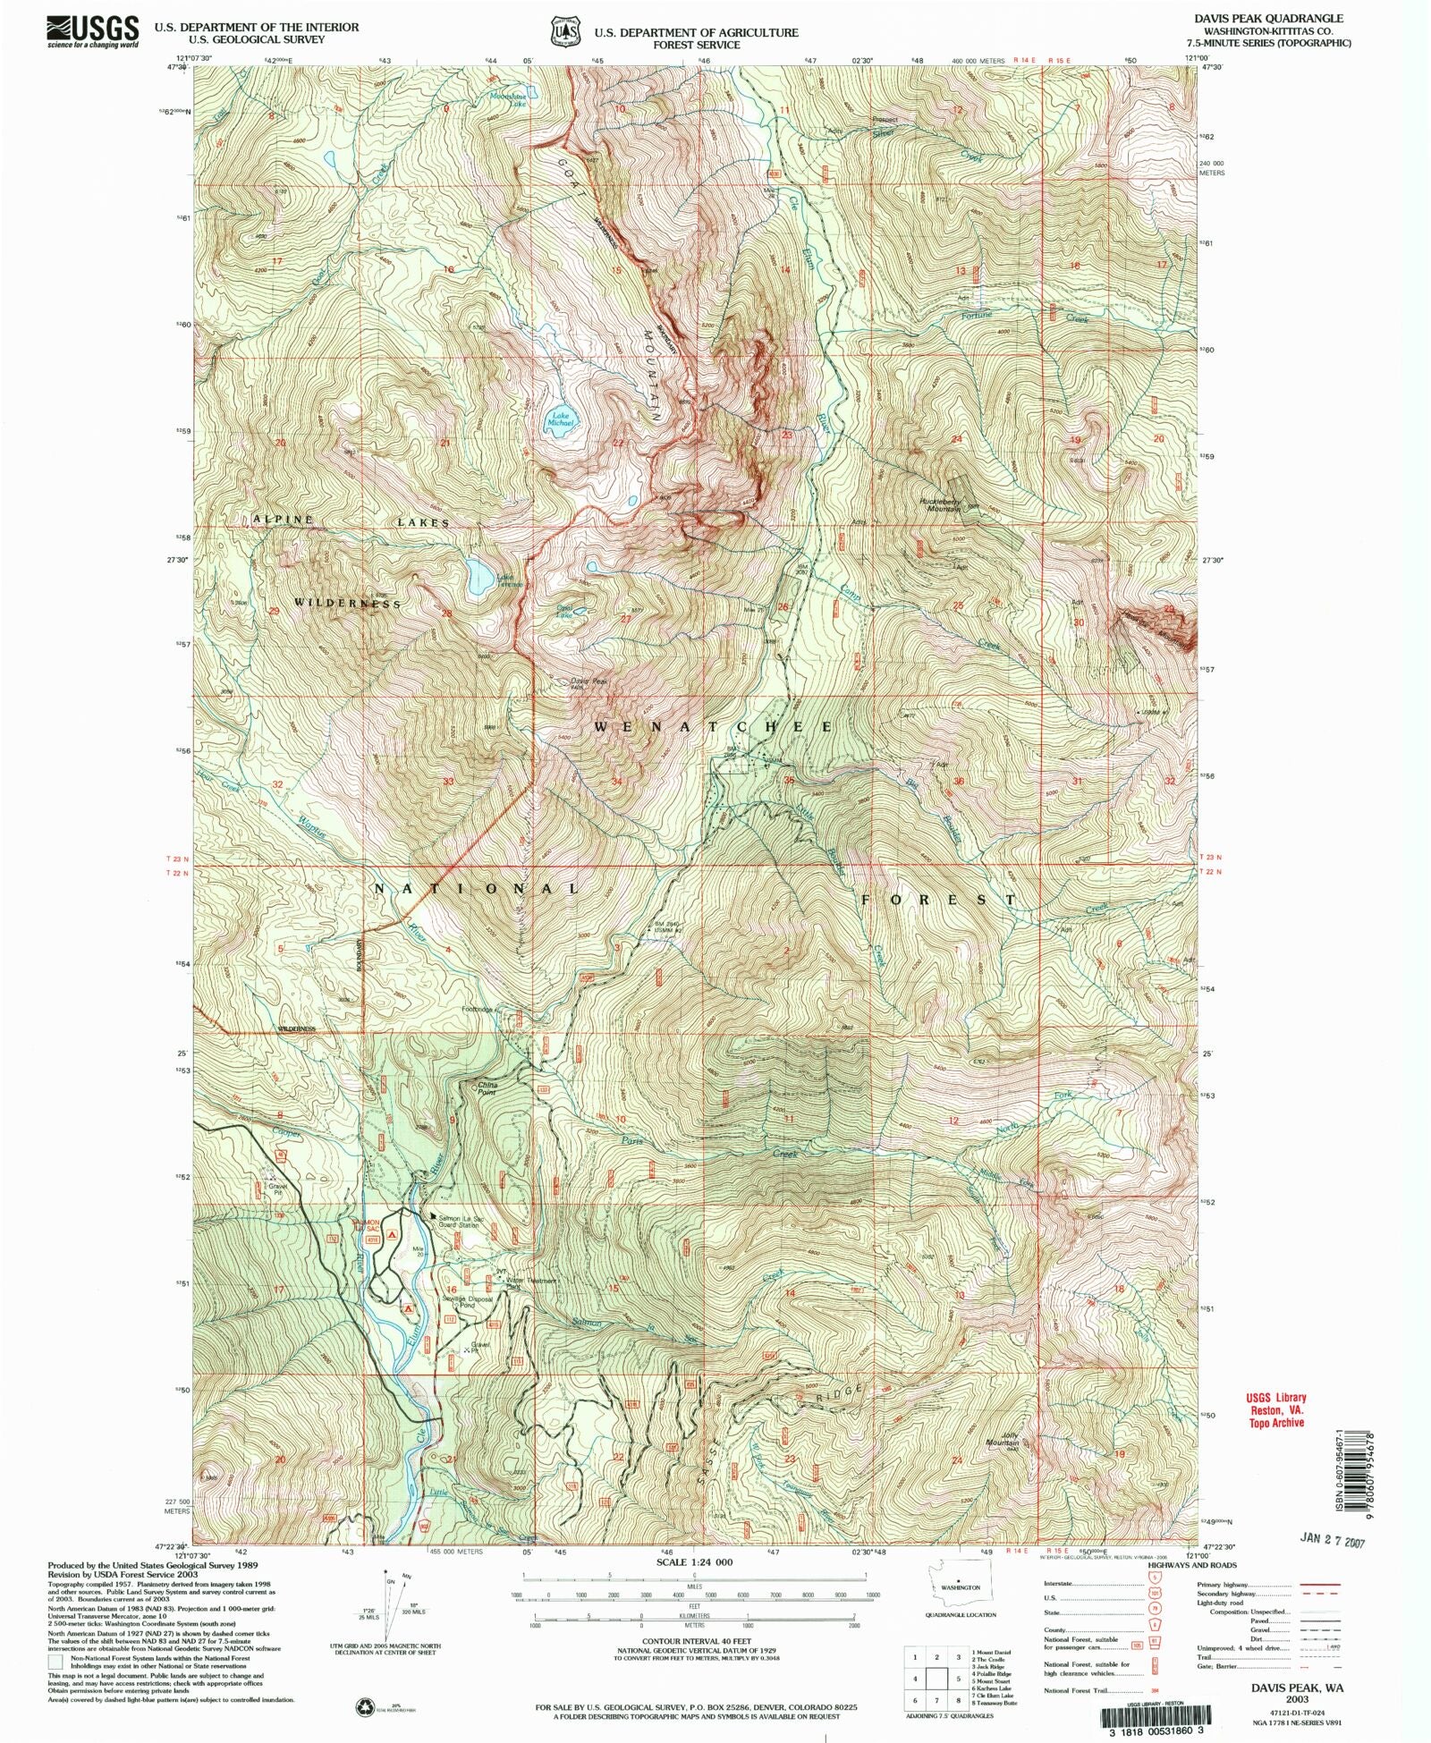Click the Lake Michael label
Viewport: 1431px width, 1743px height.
(561, 419)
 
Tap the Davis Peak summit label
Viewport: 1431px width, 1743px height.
(577, 683)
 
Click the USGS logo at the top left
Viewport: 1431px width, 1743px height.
(93, 30)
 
